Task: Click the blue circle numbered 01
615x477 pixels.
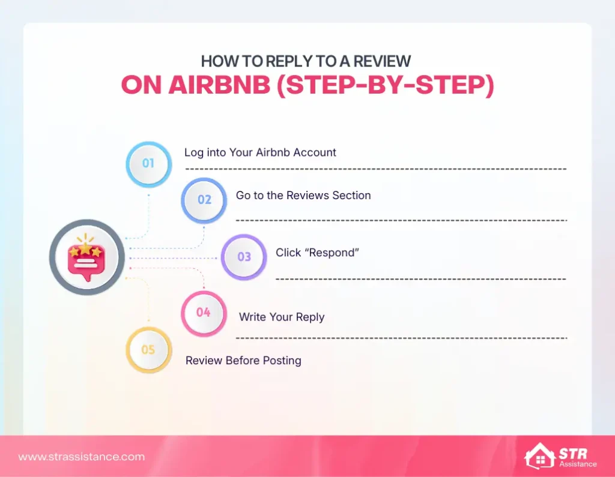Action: click(x=148, y=163)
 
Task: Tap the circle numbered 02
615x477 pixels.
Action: click(x=204, y=199)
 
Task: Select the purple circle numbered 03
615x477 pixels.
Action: click(x=244, y=257)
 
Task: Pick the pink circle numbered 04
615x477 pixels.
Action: click(x=204, y=313)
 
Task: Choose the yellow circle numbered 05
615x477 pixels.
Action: click(x=148, y=350)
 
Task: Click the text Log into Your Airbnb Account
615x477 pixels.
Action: click(x=260, y=152)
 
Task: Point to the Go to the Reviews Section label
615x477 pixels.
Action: click(x=303, y=196)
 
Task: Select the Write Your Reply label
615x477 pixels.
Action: click(x=282, y=317)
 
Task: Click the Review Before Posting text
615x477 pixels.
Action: click(x=243, y=361)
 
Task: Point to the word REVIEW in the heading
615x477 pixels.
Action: click(x=383, y=61)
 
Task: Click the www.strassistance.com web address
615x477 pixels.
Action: click(x=82, y=457)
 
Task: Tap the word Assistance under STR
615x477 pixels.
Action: click(x=577, y=464)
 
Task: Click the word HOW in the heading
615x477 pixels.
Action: click(x=215, y=61)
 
